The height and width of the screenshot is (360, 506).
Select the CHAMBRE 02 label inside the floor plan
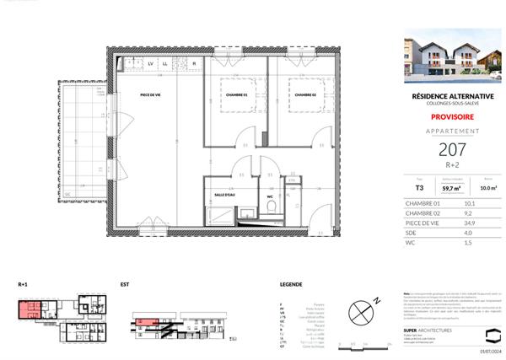pos(305,95)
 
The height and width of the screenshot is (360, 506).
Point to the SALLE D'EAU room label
pos(226,193)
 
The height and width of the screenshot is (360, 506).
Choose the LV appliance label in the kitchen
pos(151,64)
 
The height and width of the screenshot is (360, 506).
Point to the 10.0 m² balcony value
pos(475,189)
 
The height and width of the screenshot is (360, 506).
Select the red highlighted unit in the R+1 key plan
pos(31,309)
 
